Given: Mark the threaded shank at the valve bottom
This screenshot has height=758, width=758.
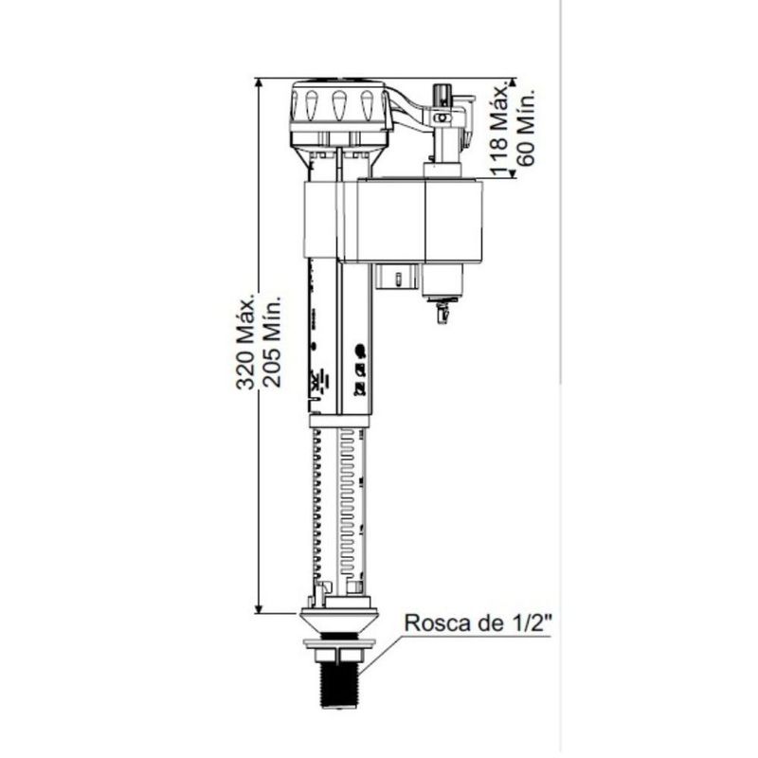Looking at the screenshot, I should point(339,679).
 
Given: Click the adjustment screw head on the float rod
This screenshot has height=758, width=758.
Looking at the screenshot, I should point(439,94).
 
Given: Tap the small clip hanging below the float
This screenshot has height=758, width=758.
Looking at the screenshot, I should point(441,312).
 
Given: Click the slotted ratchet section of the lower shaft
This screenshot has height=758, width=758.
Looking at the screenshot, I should point(339,502).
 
